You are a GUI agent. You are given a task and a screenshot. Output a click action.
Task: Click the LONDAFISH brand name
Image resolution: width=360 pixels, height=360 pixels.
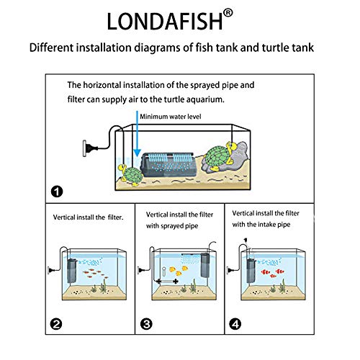click(164, 20)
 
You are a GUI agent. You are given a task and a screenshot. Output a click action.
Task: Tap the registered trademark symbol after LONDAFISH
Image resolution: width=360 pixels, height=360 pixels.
click(228, 12)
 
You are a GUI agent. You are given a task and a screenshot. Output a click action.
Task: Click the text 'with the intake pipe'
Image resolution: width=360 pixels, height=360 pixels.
click(270, 223)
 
